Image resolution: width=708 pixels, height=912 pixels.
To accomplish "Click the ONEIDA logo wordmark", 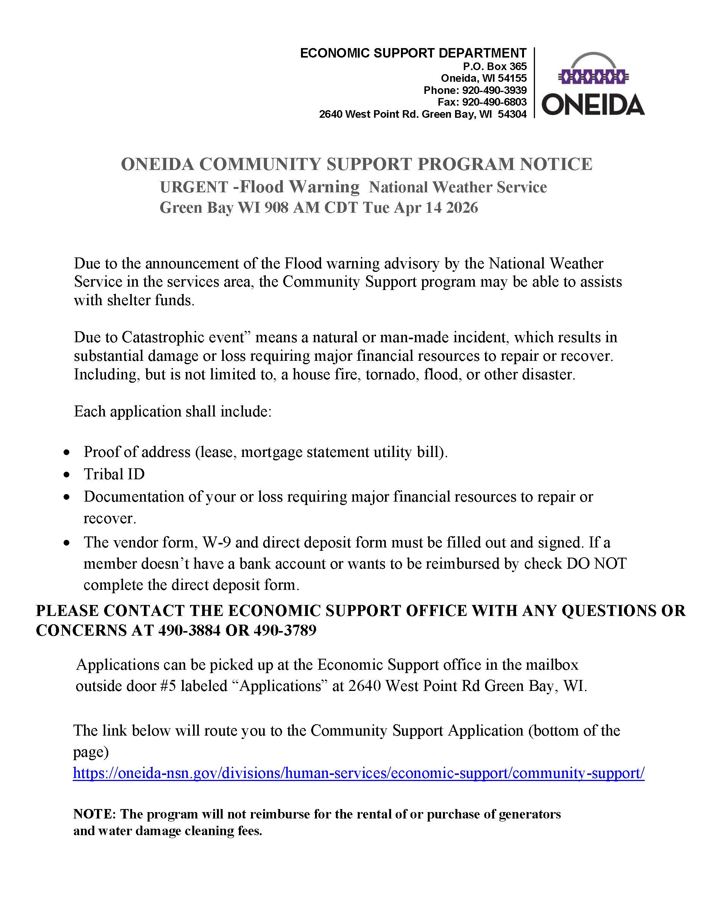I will click(593, 104).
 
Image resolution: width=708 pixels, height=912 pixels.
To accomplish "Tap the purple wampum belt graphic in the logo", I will click(593, 77).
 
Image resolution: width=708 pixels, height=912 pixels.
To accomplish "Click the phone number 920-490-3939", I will click(494, 90).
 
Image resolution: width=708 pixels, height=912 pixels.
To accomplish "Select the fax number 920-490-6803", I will click(494, 102).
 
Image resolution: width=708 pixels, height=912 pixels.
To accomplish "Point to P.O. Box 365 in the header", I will click(494, 66).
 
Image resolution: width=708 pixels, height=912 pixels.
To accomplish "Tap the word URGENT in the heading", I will click(194, 187).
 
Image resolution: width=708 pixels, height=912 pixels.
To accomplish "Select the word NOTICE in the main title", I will click(555, 164).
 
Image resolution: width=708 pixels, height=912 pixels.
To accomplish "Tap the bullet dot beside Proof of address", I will click(66, 453).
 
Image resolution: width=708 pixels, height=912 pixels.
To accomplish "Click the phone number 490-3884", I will click(189, 630).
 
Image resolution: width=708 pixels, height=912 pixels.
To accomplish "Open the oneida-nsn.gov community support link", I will click(359, 773).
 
